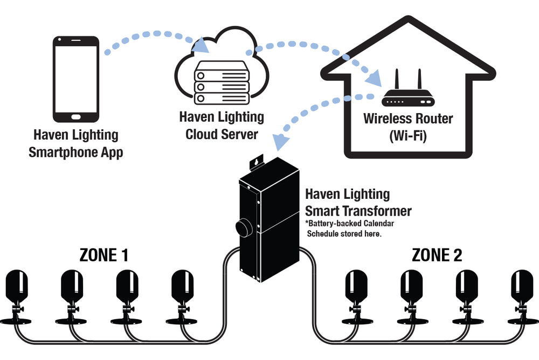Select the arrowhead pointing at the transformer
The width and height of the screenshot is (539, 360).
tap(280, 142)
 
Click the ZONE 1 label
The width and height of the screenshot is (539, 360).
tap(103, 254)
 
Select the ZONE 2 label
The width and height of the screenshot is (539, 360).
tap(437, 254)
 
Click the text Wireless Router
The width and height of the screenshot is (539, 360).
tap(408, 118)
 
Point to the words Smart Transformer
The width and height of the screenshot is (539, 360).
tap(358, 211)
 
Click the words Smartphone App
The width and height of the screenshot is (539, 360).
tap(75, 152)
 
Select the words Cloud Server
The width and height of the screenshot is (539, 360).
tap(222, 133)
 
